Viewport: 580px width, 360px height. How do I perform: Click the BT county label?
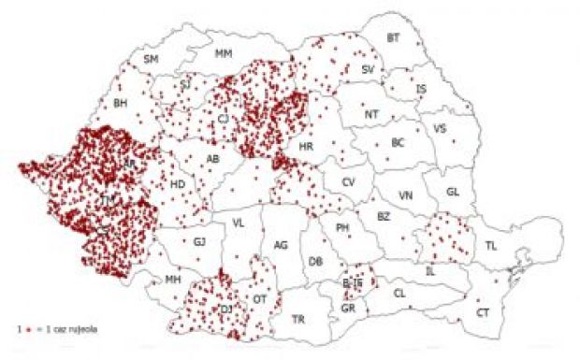(393, 38)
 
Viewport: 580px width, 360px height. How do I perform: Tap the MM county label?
(223, 54)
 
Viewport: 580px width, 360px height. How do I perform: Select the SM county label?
(151, 60)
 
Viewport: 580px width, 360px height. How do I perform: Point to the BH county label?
(120, 103)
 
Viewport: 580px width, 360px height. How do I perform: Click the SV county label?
(368, 70)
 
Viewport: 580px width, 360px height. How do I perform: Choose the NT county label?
(372, 115)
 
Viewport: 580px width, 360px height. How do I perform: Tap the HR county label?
(305, 148)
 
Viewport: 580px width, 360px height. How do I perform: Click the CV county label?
(348, 182)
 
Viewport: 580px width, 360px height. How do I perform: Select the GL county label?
(453, 193)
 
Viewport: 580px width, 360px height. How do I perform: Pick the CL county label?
(399, 294)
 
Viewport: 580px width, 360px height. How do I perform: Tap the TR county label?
(298, 320)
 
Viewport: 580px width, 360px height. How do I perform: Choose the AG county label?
(280, 245)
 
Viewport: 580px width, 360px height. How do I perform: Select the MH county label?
(172, 280)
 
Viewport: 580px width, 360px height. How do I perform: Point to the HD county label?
(178, 184)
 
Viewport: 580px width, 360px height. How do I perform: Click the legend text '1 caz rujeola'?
(68, 330)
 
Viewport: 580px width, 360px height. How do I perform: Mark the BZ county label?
(383, 216)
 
